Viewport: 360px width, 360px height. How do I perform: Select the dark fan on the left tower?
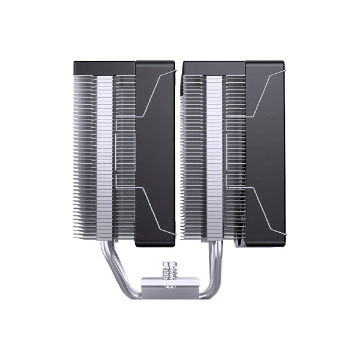(x=155, y=151)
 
